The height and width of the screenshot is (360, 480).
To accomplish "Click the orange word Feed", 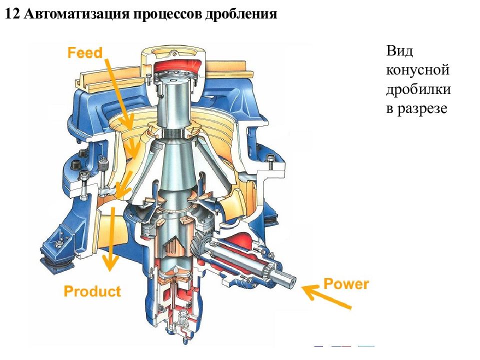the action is point(85,52).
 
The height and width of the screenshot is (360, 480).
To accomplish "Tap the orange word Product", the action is point(92,291).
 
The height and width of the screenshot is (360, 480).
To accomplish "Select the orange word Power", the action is point(346,284).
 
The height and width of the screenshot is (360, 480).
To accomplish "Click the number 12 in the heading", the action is point(12,14).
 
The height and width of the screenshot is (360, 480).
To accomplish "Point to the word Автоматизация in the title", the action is point(77,14).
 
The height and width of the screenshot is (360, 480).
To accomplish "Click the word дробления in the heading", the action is point(241,14).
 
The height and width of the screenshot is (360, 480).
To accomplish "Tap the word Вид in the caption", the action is point(399,51).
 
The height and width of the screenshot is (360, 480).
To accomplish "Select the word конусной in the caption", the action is point(417,70).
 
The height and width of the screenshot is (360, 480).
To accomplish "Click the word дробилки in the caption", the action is point(418,89).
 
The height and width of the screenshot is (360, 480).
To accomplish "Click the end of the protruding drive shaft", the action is point(293,279).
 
